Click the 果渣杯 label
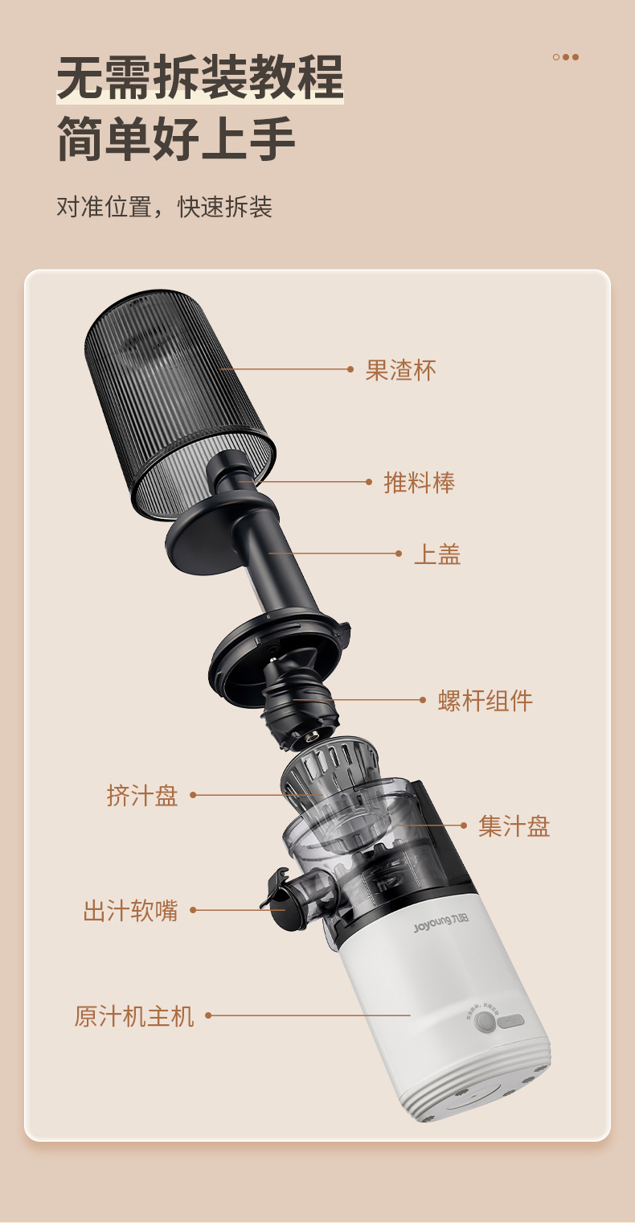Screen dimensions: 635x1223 (400, 370)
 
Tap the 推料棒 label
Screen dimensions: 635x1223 (419, 483)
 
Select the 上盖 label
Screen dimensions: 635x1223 (437, 554)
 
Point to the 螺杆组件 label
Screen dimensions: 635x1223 (485, 701)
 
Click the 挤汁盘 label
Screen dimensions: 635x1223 (142, 796)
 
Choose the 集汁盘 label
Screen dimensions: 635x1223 (514, 826)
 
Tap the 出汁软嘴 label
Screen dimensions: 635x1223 (130, 911)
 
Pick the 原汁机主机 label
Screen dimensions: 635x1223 (134, 1016)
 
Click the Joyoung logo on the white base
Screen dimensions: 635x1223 (440, 923)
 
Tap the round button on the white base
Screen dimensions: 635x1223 (485, 1021)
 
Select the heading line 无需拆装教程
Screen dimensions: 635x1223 (200, 77)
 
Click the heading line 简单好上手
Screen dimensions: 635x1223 (176, 138)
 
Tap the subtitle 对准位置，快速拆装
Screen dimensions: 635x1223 (164, 207)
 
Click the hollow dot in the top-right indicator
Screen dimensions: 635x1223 (556, 57)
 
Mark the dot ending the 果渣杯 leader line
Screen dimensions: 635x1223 (350, 369)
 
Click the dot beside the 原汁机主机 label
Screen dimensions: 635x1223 (208, 1015)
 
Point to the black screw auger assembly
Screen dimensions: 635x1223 (298, 704)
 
